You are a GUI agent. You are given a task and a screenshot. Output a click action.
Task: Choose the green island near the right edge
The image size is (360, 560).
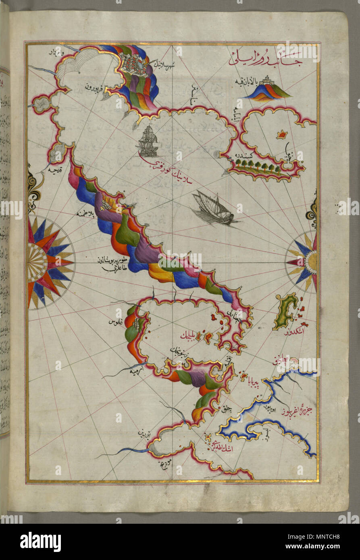click(286, 310)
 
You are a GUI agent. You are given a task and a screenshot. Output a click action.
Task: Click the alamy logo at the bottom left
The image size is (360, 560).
click(40, 541)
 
